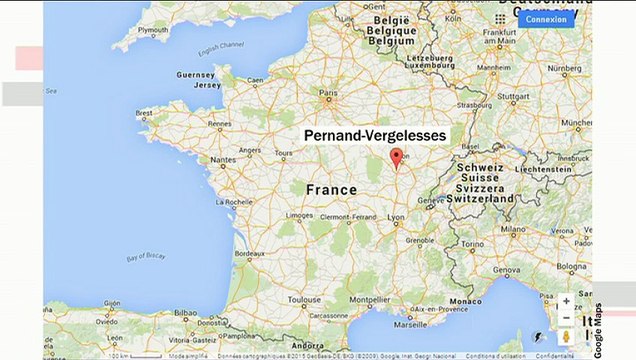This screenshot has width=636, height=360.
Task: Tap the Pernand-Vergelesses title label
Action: tap(375, 134)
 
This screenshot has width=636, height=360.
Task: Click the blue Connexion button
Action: tap(546, 18)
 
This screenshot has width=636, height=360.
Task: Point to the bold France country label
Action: tap(331, 189)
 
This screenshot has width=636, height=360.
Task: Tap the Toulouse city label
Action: tap(304, 299)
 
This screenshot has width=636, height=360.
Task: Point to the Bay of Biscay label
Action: tap(148, 258)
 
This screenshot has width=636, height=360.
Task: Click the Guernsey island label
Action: tap(196, 74)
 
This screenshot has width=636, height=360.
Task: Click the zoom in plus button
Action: tap(566, 301)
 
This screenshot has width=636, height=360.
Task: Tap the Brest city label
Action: tap(146, 114)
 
